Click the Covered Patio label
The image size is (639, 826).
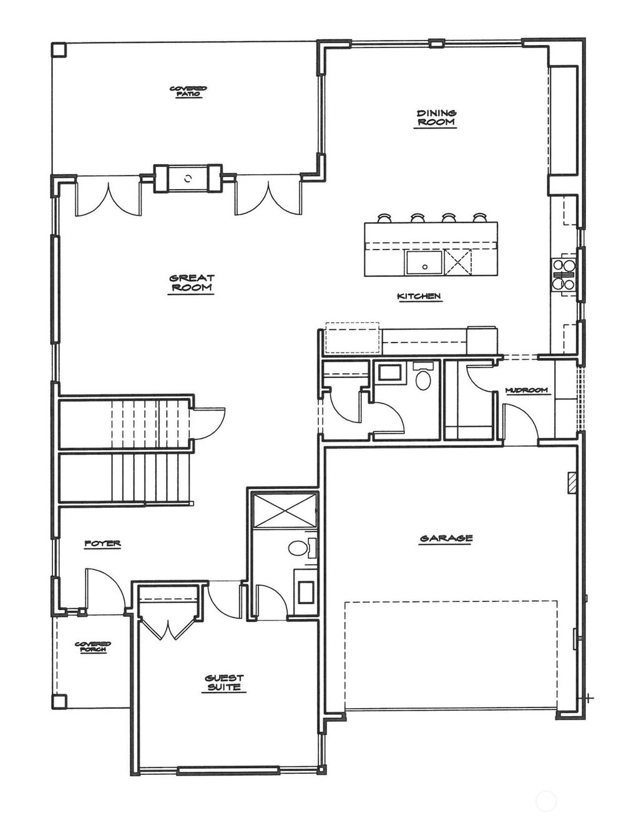(188, 91)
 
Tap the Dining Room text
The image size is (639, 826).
(436, 118)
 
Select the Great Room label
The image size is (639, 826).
(192, 283)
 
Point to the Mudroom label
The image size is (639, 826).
(527, 391)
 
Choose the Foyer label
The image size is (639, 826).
(102, 544)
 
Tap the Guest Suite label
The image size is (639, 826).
(224, 683)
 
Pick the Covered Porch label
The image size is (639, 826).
(92, 647)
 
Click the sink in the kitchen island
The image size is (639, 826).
(424, 263)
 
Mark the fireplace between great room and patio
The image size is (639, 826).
(188, 179)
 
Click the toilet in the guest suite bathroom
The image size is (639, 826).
(298, 548)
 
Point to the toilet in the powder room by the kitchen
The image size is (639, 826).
(423, 378)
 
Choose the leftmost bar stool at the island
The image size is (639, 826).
(384, 218)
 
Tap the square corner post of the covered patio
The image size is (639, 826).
(58, 50)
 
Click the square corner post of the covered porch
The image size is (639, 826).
(59, 701)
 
